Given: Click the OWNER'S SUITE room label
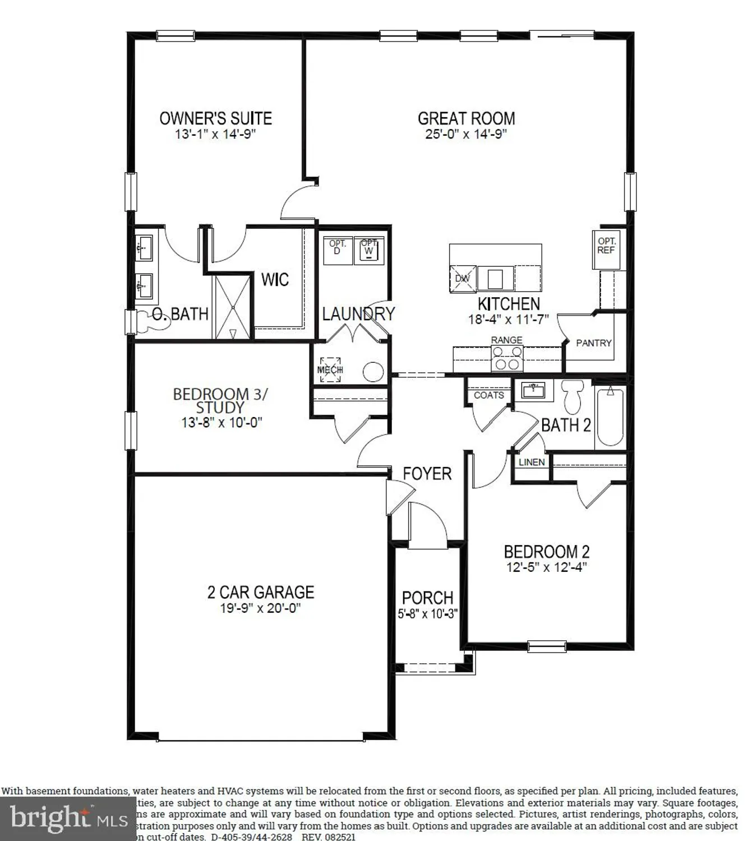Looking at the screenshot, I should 216,118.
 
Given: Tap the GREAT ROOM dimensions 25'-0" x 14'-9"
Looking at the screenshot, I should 466,134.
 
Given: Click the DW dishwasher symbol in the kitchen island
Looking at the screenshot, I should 462,279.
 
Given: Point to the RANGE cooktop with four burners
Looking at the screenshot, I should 507,358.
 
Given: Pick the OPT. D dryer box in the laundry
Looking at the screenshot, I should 338,250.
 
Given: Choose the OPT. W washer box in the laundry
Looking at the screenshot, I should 369,250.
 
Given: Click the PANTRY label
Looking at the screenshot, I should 593,343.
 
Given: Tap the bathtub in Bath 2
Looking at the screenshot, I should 610,416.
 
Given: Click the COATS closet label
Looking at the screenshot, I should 488,395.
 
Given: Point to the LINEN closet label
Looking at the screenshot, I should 532,462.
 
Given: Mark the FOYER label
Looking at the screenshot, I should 427,474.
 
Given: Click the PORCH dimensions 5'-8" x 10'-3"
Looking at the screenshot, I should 428,614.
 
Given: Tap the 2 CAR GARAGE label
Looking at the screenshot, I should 261,592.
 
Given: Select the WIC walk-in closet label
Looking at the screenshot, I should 275,279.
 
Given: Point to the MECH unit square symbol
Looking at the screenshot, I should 330,370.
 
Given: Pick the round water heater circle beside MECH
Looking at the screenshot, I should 373,372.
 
